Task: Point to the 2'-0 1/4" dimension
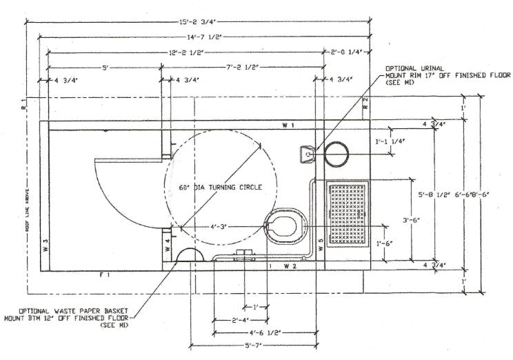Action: coord(347,52)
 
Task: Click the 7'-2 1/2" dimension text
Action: coord(243,68)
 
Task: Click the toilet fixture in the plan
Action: coord(282,226)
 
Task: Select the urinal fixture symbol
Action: coord(305,153)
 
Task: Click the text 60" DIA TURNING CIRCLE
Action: coord(221,187)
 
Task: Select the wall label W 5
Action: coord(321,244)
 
